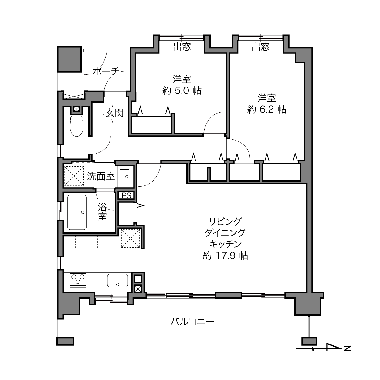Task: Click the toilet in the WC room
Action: [x=77, y=126]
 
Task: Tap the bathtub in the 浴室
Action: [x=77, y=212]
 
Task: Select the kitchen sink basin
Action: [x=117, y=280]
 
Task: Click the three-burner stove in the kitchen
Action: [x=78, y=280]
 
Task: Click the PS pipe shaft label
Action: [x=126, y=195]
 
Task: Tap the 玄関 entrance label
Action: [x=114, y=113]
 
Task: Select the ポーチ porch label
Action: [x=106, y=71]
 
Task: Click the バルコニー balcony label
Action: [x=192, y=322]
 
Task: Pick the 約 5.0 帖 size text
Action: [x=182, y=91]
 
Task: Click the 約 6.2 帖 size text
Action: [x=266, y=109]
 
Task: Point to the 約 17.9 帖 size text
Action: [x=226, y=256]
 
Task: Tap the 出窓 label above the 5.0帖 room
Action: [x=182, y=47]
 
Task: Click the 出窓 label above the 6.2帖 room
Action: [x=260, y=47]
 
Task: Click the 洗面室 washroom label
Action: [x=101, y=176]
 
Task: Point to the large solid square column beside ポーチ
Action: [x=70, y=59]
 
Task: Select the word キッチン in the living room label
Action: [x=225, y=244]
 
